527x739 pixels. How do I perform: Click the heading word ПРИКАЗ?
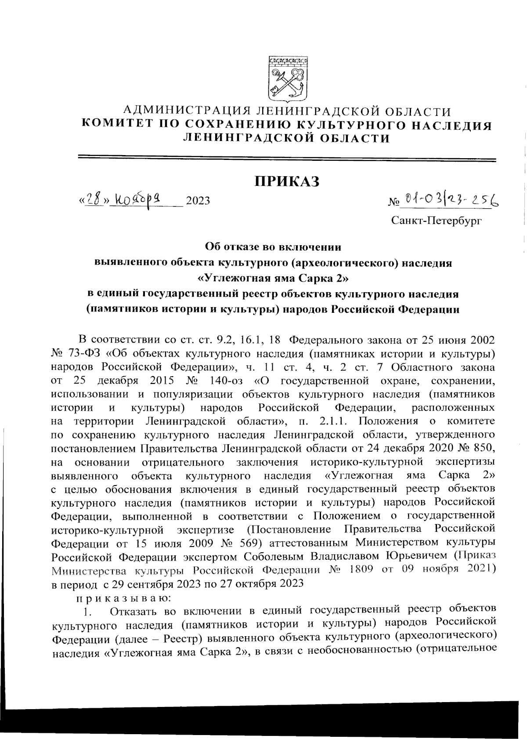(288, 181)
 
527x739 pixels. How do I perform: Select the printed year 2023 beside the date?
(198, 201)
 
